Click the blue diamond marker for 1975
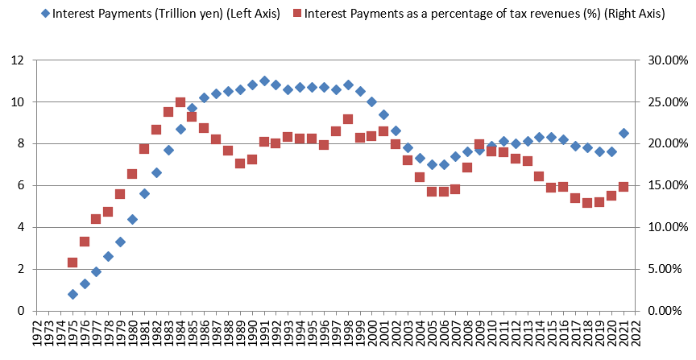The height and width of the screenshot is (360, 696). pyautogui.click(x=72, y=295)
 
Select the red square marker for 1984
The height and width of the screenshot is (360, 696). pyautogui.click(x=180, y=103)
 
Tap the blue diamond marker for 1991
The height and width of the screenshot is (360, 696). pyautogui.click(x=264, y=81)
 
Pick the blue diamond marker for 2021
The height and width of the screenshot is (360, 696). pyautogui.click(x=623, y=134)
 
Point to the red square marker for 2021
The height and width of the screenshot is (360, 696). pyautogui.click(x=623, y=187)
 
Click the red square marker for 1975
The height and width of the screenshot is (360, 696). pyautogui.click(x=72, y=263)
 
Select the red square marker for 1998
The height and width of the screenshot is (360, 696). pyautogui.click(x=348, y=119)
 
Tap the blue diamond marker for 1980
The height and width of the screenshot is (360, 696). pyautogui.click(x=132, y=219)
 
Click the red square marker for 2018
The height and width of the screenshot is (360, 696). pyautogui.click(x=587, y=203)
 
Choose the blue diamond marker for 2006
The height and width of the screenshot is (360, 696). pyautogui.click(x=444, y=164)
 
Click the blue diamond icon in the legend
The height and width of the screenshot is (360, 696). pyautogui.click(x=45, y=15)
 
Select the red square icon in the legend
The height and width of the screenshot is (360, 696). pyautogui.click(x=297, y=15)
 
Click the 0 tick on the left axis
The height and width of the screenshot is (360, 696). pyautogui.click(x=25, y=311)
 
